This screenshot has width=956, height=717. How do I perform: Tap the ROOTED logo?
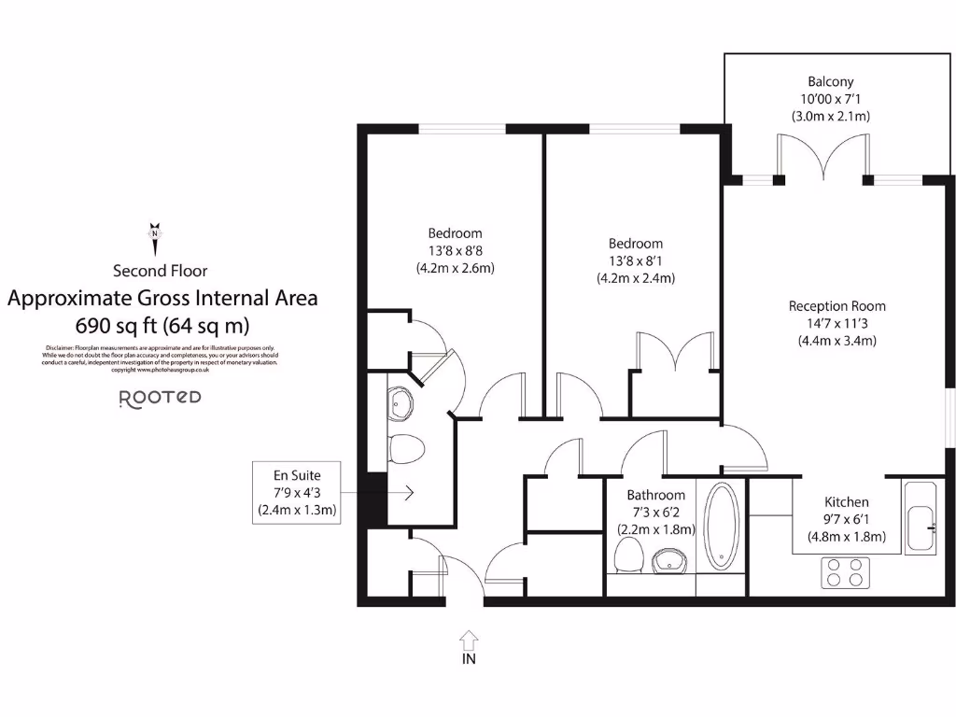pyautogui.click(x=160, y=397)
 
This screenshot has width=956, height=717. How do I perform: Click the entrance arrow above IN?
pyautogui.click(x=469, y=640)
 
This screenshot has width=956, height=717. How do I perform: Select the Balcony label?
pyautogui.click(x=831, y=82)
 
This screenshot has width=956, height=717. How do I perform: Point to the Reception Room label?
pyautogui.click(x=836, y=306)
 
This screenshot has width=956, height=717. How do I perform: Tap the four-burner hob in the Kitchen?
pyautogui.click(x=845, y=571)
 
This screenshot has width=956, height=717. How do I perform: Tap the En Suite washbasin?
pyautogui.click(x=401, y=404)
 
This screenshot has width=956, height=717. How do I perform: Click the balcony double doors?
pyautogui.click(x=822, y=155)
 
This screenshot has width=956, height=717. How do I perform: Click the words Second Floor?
pyautogui.click(x=160, y=271)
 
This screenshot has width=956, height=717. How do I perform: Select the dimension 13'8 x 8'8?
pyautogui.click(x=455, y=250)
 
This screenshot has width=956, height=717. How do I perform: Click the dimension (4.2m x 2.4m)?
pyautogui.click(x=636, y=278)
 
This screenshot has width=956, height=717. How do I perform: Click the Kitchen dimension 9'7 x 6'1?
pyautogui.click(x=846, y=519)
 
